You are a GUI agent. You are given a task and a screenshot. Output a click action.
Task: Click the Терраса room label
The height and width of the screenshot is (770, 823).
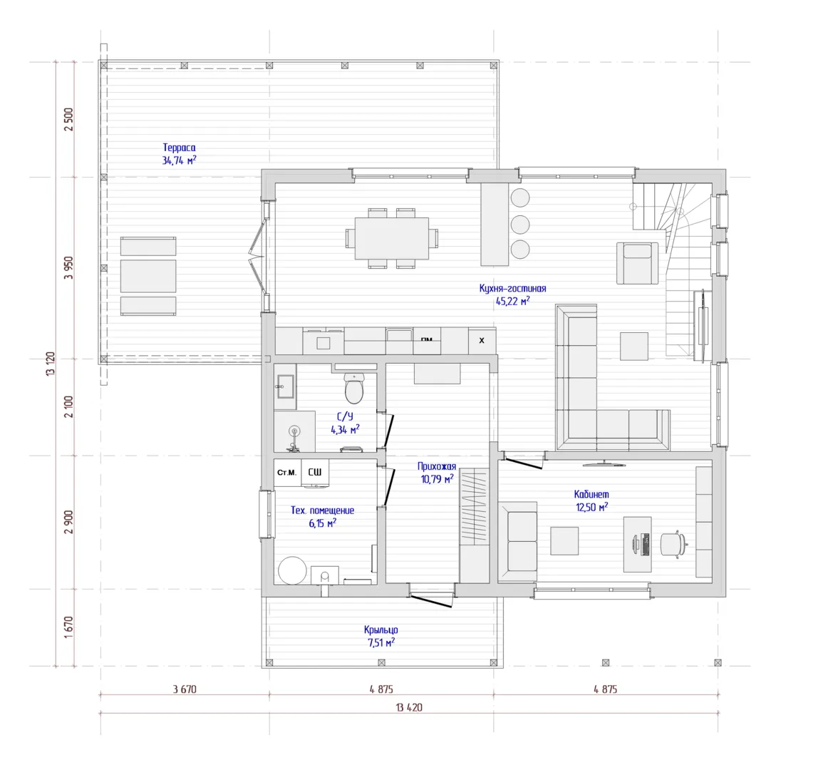point(179,148)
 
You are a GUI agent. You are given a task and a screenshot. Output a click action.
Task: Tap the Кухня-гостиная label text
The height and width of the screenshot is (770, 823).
point(512,288)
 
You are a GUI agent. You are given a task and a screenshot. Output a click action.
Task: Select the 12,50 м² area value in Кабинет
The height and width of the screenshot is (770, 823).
point(591,507)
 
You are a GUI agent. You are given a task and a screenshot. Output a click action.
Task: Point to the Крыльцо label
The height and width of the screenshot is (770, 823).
point(381,630)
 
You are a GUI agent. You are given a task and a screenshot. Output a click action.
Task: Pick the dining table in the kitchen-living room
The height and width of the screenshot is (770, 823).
point(392,238)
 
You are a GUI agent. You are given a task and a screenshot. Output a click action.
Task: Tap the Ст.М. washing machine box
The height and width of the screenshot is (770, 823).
point(287,473)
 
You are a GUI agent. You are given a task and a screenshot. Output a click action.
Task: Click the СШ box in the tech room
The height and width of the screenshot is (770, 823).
point(315,473)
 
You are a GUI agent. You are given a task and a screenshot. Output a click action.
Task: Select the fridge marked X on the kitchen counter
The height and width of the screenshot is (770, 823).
point(482,341)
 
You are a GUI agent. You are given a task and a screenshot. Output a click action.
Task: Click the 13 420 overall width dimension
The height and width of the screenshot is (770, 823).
point(409,707)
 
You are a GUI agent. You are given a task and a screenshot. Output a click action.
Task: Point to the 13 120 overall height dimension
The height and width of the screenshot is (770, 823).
point(51,364)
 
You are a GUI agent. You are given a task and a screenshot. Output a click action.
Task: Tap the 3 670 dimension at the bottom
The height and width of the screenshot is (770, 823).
point(185,689)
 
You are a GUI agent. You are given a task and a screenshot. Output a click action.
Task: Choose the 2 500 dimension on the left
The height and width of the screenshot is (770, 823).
point(68,119)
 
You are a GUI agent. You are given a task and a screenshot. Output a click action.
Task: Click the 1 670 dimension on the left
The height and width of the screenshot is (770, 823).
point(68,627)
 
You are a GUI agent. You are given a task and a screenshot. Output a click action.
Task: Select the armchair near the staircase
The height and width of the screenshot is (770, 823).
point(637,263)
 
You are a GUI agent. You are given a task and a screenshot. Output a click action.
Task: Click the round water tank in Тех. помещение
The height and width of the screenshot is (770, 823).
point(292,570)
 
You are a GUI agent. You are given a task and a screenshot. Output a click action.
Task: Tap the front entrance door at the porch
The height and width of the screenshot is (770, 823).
point(431,600)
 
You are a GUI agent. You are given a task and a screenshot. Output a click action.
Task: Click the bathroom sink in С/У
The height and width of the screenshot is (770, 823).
point(285,386)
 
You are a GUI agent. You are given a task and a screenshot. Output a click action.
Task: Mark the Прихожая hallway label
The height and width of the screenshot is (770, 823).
point(437,466)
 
